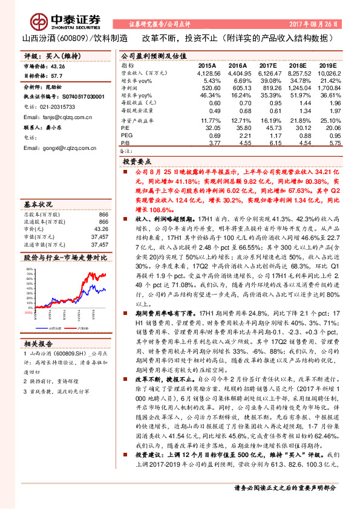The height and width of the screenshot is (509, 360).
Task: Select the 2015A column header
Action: pos(208,65)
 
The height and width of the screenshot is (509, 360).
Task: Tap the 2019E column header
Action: pos(327,65)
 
